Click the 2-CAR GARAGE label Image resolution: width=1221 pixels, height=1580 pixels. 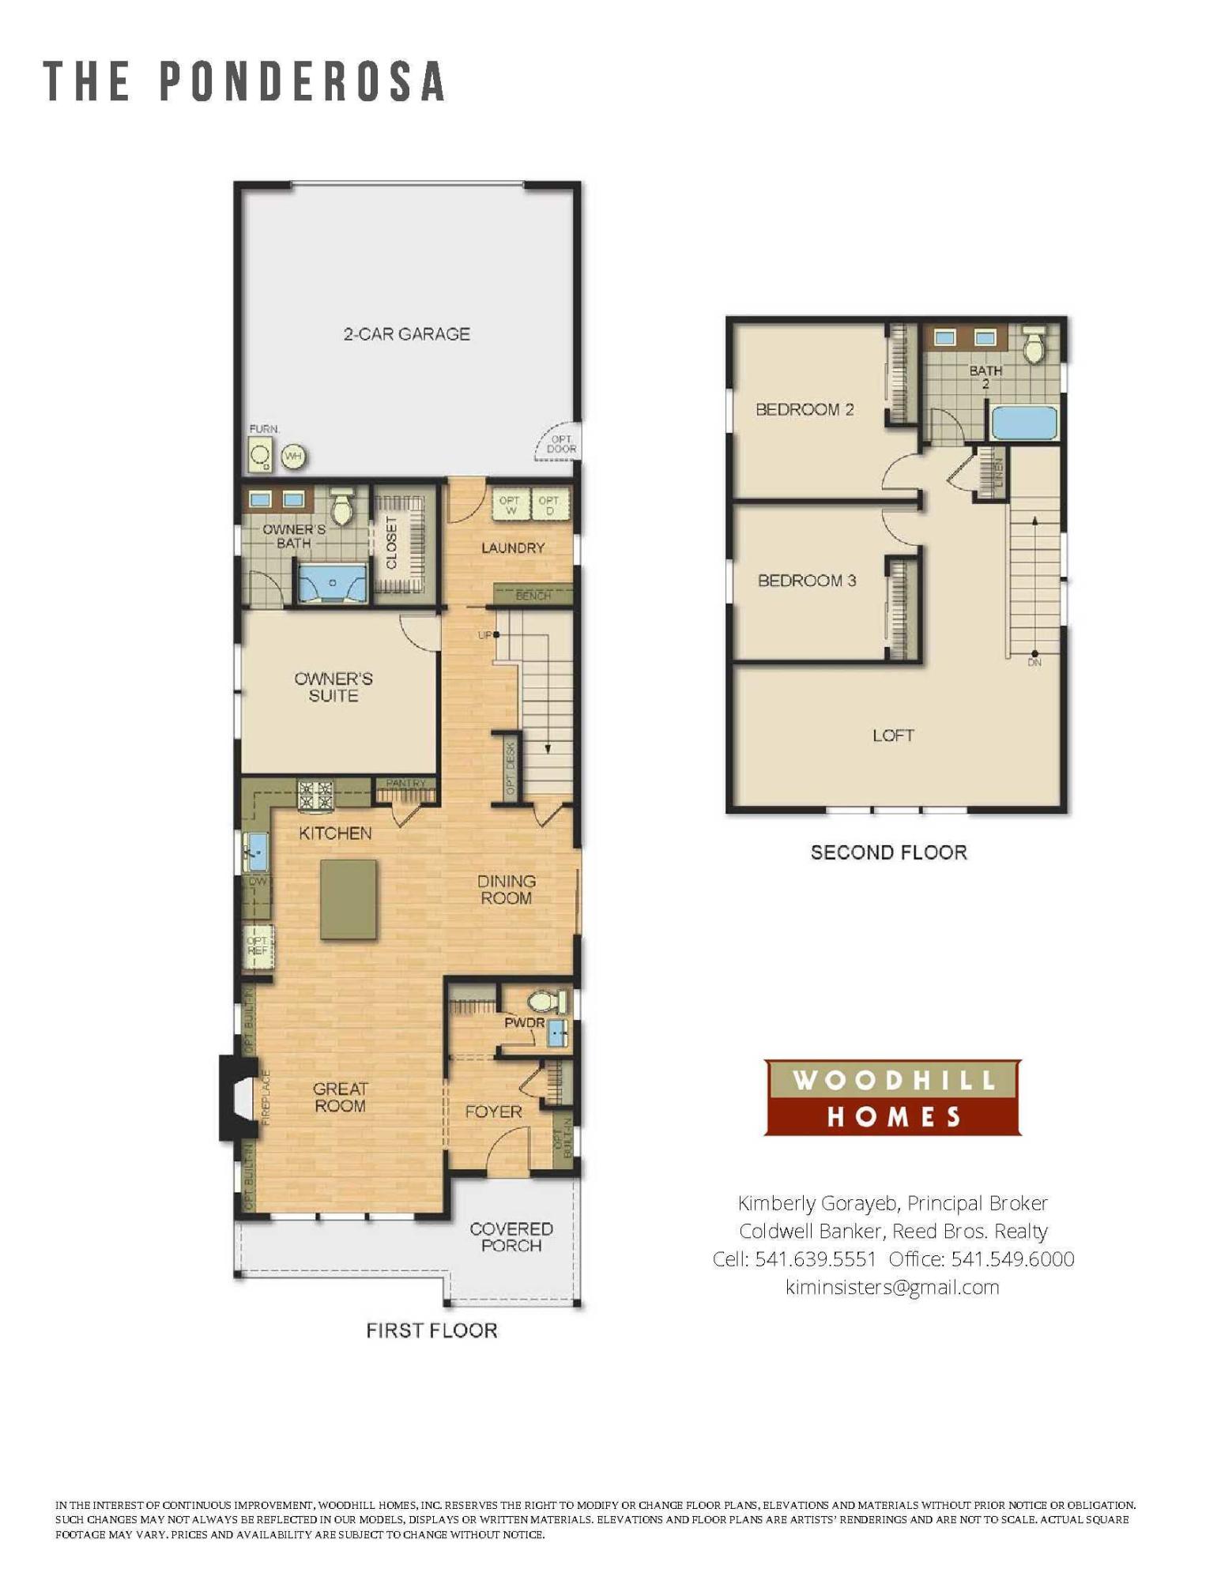click(x=406, y=334)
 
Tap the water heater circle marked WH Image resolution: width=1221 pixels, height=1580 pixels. click(x=292, y=456)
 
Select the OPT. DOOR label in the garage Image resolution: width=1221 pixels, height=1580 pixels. click(x=561, y=444)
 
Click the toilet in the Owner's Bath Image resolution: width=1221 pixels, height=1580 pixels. click(x=341, y=509)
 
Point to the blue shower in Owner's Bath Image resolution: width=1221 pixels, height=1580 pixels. click(x=332, y=582)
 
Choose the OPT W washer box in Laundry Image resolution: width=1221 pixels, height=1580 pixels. click(x=511, y=505)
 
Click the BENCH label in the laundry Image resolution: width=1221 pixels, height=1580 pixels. click(x=533, y=595)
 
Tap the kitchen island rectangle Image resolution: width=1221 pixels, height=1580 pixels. click(x=349, y=899)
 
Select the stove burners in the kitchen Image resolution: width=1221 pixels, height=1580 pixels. click(x=315, y=795)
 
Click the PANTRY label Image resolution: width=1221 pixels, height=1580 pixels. click(x=405, y=783)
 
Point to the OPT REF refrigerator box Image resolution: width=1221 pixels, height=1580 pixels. click(x=258, y=946)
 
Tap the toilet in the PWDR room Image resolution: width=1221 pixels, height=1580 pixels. click(x=545, y=1002)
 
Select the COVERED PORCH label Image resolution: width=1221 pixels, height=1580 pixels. click(x=511, y=1236)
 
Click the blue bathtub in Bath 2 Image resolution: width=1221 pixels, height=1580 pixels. click(x=1023, y=423)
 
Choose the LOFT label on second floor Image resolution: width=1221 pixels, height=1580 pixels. click(x=893, y=735)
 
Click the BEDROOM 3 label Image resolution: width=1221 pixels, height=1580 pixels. click(x=806, y=581)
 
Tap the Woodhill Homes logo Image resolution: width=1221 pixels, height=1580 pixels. click(x=892, y=1097)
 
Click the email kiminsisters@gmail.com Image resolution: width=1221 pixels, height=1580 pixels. click(x=892, y=1287)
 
